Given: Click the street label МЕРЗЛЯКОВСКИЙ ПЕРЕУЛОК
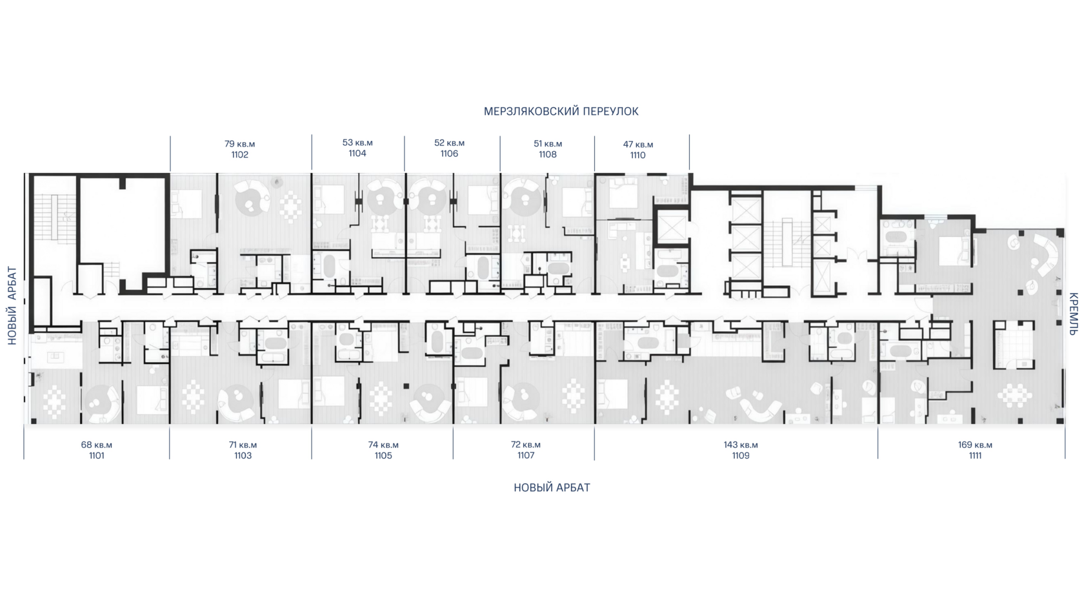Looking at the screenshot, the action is click(x=561, y=111).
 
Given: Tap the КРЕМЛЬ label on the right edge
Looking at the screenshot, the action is click(x=1073, y=314).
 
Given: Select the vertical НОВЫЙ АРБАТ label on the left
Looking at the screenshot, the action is click(x=13, y=306).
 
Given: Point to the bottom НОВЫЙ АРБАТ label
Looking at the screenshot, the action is click(x=552, y=487).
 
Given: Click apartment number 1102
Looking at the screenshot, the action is click(x=239, y=155).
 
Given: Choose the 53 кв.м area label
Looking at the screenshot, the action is click(x=357, y=143).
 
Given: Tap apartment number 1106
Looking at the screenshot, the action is click(x=449, y=154).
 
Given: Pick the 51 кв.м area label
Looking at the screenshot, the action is click(x=548, y=144).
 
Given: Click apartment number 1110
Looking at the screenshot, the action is click(x=637, y=156).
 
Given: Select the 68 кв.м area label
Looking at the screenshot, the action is click(x=96, y=445).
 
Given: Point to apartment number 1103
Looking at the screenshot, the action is click(x=243, y=456).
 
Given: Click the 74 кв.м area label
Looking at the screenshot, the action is click(x=383, y=445).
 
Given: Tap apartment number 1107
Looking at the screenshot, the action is click(x=525, y=455).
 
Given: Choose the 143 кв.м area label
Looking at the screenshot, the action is click(x=741, y=445).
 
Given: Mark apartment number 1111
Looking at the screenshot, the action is click(x=975, y=456).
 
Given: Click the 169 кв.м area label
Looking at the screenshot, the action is click(x=975, y=445).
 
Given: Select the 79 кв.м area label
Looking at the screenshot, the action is click(x=239, y=145).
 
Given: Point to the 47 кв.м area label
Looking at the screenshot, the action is click(x=637, y=145).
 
